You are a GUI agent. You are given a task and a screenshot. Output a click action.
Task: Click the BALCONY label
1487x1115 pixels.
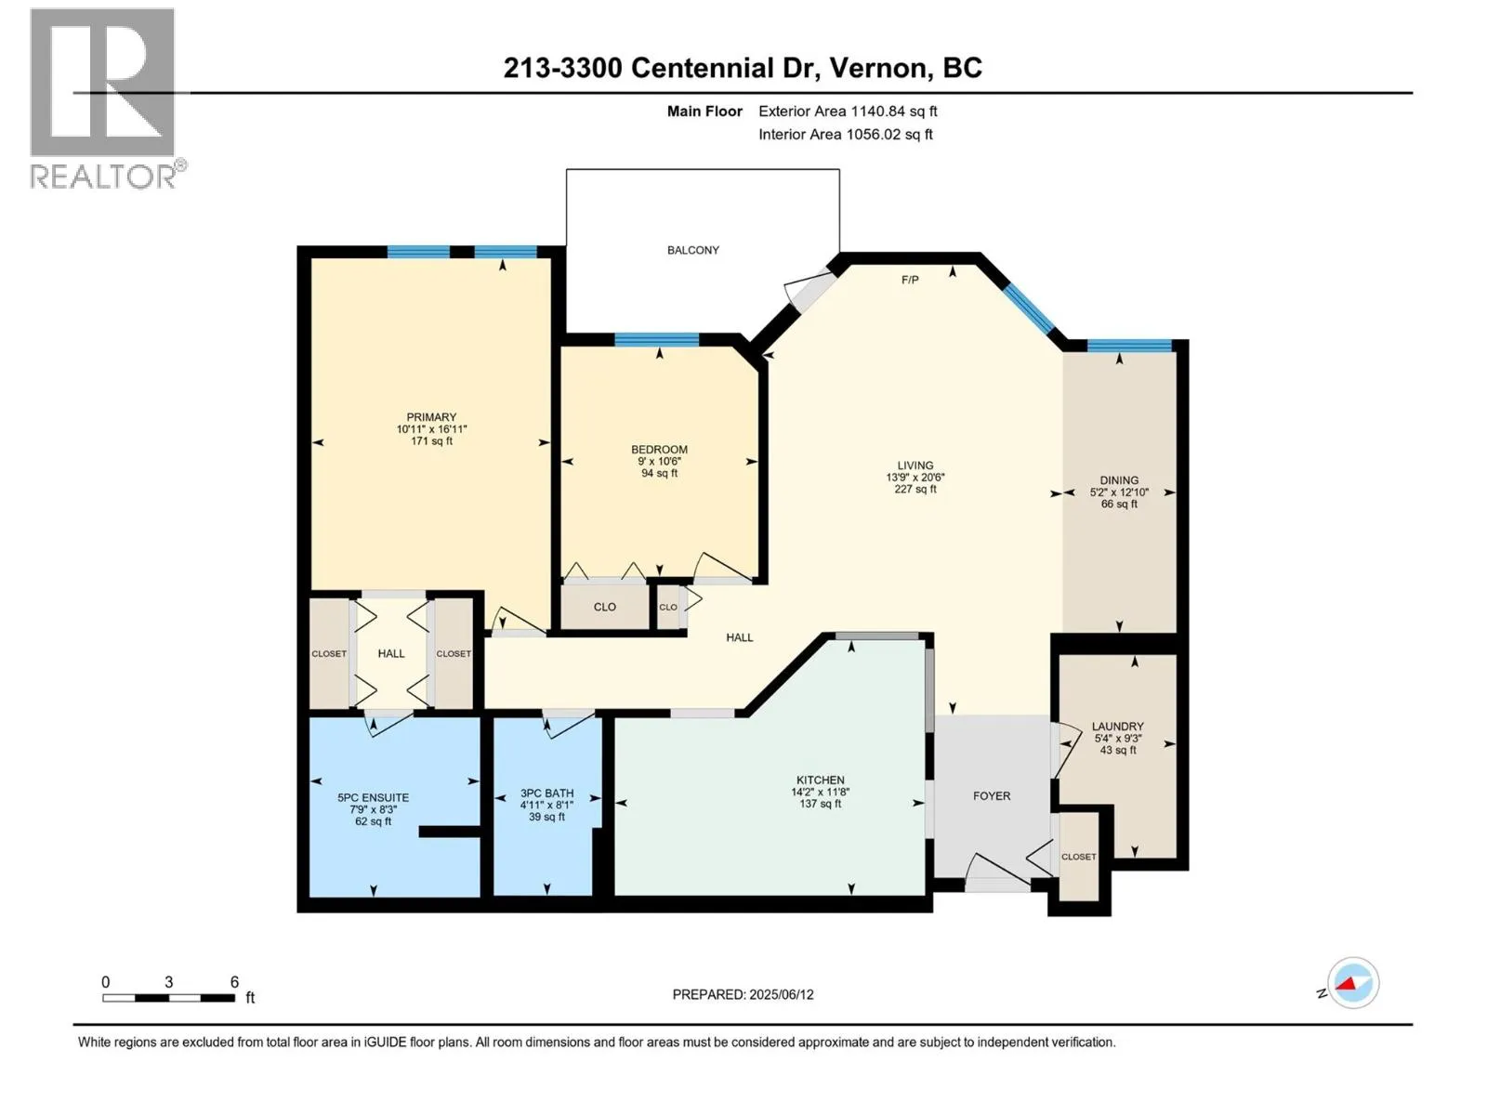point(692,250)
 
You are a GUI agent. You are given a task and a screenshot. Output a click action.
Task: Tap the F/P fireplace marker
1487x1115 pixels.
point(909,280)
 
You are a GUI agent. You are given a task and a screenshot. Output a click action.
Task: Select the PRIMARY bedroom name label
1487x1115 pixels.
point(431,417)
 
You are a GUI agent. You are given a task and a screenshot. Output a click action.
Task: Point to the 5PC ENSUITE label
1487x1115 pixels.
point(373,797)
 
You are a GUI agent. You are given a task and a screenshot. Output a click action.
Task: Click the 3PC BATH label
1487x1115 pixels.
point(546,793)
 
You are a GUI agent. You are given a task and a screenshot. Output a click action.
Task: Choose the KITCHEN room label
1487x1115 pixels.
point(820,780)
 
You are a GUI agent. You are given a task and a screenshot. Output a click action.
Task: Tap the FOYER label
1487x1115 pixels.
point(991,796)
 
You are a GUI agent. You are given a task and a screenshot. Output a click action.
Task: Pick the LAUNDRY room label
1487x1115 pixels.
point(1117,727)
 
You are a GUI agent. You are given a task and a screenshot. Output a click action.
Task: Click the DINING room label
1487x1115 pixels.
point(1118,480)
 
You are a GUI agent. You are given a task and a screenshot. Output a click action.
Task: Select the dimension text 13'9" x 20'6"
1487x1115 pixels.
point(915,477)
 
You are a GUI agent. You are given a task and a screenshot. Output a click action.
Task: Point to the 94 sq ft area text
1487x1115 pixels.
point(659,473)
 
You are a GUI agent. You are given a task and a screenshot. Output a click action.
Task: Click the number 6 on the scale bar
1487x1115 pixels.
point(234,981)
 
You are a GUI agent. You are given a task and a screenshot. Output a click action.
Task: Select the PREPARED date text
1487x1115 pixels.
point(743,994)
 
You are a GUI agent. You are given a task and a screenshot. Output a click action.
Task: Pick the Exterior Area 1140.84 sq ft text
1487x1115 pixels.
point(848,111)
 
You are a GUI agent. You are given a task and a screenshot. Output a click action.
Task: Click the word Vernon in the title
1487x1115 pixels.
point(877,69)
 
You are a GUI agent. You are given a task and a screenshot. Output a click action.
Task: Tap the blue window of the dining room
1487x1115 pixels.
point(1128,346)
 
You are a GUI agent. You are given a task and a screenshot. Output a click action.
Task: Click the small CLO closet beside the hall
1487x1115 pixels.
point(668,607)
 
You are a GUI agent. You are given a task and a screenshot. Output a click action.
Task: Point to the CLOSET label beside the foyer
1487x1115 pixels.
point(1078,857)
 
